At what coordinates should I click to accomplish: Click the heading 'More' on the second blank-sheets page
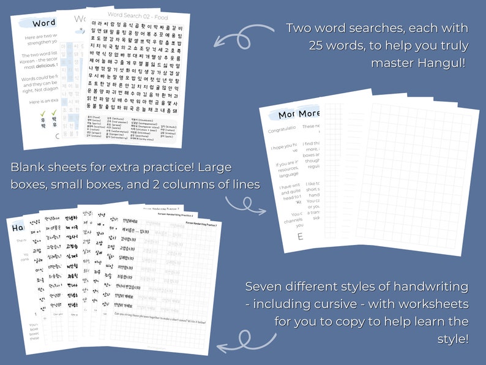click(x=310, y=115)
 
